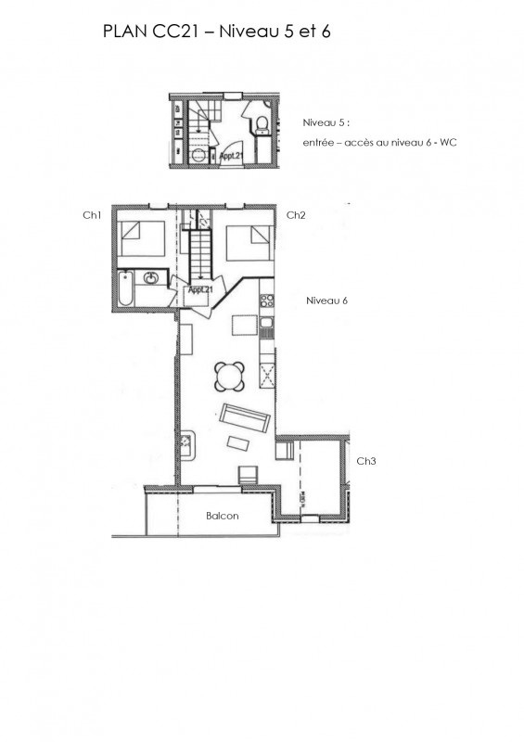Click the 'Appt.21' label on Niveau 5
tap(231, 156)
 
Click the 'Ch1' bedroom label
tap(91, 215)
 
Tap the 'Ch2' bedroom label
tap(296, 215)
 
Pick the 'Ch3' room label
tap(366, 461)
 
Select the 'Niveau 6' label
tap(326, 301)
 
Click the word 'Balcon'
tap(223, 517)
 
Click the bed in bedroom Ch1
tap(141, 243)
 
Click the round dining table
tap(230, 377)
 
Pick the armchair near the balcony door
tap(249, 476)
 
